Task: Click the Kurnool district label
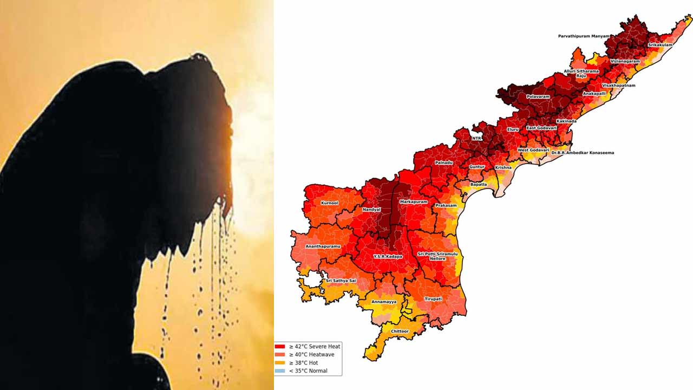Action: click(329, 203)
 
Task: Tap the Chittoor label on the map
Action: click(400, 331)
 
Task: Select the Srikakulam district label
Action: click(660, 45)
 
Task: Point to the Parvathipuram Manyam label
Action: click(584, 36)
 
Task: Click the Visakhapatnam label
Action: click(618, 86)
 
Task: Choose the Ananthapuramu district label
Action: click(323, 246)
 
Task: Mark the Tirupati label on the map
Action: click(433, 299)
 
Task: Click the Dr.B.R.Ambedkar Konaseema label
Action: click(583, 153)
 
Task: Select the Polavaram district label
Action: click(538, 97)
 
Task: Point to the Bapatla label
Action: click(479, 184)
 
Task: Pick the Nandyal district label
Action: click(371, 210)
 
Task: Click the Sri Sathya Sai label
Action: click(341, 281)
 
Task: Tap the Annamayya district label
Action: click(383, 302)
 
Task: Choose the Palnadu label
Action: click(443, 162)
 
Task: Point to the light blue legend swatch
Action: click(280, 371)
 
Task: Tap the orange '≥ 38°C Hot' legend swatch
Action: click(280, 363)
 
